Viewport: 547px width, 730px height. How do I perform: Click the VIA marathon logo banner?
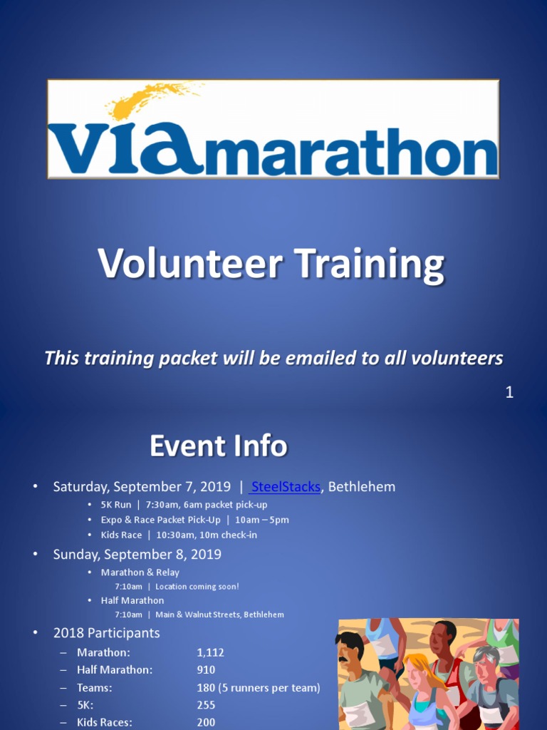273,129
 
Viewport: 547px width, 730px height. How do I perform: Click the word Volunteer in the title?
189,264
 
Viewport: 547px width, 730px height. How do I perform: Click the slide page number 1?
509,392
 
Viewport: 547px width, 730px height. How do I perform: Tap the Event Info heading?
218,446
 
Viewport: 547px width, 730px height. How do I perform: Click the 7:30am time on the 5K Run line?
161,505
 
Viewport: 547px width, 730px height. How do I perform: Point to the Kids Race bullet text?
121,535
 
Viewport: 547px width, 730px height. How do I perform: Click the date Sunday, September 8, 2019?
137,554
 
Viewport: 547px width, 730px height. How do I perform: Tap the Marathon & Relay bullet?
140,572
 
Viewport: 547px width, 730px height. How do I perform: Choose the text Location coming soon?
197,587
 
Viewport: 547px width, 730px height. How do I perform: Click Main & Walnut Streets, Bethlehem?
219,615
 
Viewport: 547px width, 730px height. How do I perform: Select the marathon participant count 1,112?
210,652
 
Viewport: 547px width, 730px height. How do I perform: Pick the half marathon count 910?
206,670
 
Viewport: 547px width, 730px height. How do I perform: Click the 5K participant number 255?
206,705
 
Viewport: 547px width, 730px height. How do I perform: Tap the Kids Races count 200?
206,722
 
